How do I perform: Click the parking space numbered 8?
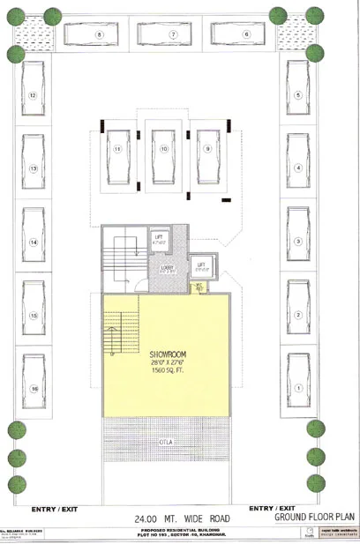click(101, 34)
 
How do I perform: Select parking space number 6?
click(246, 34)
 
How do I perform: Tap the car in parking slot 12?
click(34, 93)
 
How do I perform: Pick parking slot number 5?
click(299, 93)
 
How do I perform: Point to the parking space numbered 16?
click(34, 388)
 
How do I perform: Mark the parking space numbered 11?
click(116, 151)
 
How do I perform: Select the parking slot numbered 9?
click(208, 151)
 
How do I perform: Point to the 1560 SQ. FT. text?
click(166, 370)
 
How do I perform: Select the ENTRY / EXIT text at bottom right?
click(274, 509)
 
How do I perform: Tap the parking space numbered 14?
click(34, 241)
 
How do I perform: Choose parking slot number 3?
click(299, 241)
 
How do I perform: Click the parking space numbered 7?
click(174, 34)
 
